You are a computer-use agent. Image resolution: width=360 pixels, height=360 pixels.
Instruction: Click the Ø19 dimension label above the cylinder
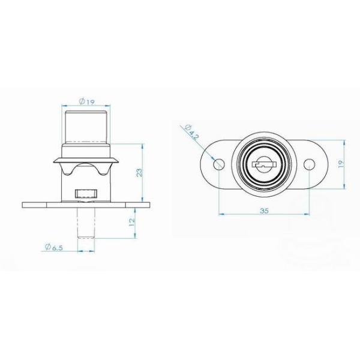pos(86,101)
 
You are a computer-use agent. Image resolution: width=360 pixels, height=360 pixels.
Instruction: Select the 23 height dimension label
pos(140,173)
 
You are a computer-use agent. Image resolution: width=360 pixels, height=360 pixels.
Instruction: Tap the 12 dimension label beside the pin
pos(132,222)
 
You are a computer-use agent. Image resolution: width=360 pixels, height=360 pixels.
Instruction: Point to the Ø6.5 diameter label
pos(54,247)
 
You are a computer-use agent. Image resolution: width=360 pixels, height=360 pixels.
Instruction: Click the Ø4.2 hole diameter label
pos(191,132)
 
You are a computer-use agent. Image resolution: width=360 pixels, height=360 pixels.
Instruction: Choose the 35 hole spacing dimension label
pos(264,211)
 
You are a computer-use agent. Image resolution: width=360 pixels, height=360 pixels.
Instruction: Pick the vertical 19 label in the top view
pos(341,164)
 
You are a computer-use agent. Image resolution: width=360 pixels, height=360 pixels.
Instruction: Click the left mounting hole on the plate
pos(219,164)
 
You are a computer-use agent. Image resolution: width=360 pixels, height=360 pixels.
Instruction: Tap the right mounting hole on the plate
pos(309,164)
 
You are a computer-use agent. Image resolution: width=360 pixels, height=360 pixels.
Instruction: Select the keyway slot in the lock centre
pos(264,164)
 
